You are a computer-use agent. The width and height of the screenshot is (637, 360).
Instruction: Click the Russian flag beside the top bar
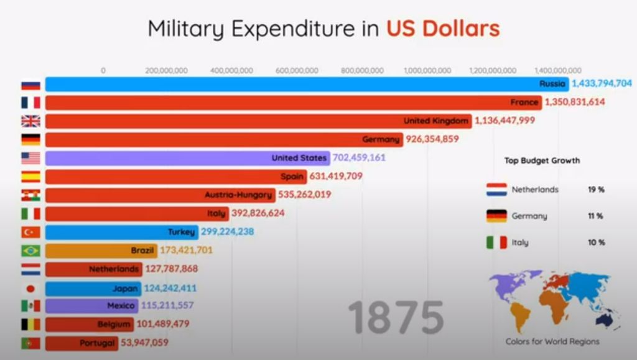coord(30,85)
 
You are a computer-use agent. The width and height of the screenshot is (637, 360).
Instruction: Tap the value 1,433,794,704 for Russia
coord(602,83)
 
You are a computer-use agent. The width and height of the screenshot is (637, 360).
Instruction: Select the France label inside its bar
coord(524,102)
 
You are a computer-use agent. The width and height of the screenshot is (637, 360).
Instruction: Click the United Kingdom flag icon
coord(30,121)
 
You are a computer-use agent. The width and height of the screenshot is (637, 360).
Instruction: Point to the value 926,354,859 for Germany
coord(432,139)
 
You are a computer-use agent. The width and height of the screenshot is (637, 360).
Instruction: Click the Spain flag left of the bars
coord(30,177)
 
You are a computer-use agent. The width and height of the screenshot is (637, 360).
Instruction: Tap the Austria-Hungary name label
coord(239,195)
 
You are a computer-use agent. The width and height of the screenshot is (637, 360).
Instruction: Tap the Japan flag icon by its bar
coord(30,288)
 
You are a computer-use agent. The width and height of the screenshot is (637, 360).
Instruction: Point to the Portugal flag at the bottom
coord(30,343)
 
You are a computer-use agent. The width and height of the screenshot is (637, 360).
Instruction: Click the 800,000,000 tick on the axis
coord(362,70)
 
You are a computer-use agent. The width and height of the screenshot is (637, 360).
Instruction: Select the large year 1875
coord(396,317)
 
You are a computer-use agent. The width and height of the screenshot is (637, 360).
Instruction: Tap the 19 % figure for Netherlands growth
coord(596,190)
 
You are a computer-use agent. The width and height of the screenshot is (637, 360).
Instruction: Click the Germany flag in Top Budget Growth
coord(496,216)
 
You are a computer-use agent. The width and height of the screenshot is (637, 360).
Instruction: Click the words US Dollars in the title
coord(442,29)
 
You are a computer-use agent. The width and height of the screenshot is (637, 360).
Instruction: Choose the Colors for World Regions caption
coord(552,341)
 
